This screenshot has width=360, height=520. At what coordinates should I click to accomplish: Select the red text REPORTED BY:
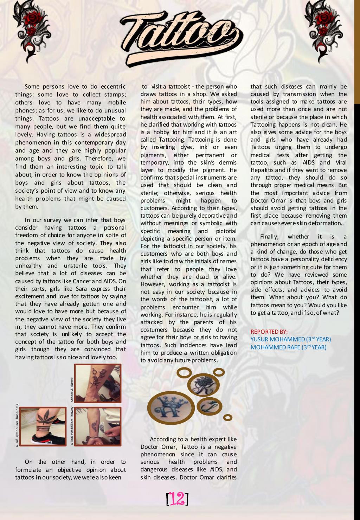[269, 332]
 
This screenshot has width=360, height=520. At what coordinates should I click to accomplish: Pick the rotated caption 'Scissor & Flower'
[72, 390]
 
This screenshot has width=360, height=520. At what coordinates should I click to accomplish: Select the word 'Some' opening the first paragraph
[32, 86]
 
